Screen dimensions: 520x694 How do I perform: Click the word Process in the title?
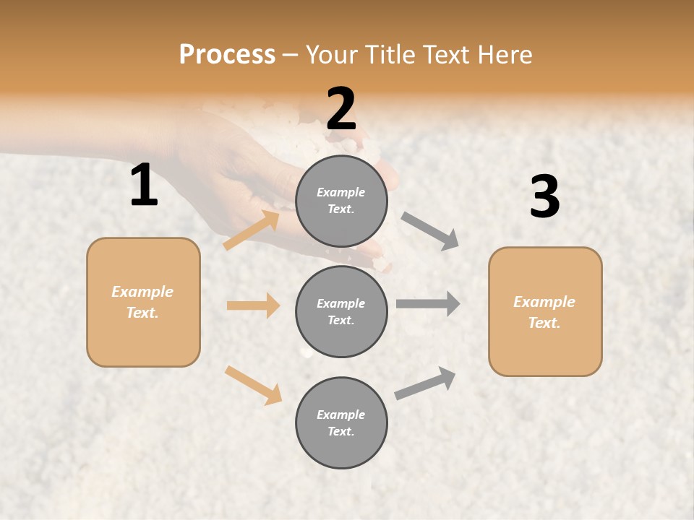[227, 55]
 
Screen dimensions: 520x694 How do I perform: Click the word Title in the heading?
[389, 55]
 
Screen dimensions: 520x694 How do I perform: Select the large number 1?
[144, 186]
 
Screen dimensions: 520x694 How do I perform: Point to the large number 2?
[341, 109]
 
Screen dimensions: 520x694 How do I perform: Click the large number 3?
[544, 197]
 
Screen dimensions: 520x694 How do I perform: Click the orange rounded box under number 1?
[143, 302]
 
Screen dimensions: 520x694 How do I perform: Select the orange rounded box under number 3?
[545, 312]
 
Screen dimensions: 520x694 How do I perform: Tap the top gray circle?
[341, 201]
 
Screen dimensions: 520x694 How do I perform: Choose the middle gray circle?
[341, 312]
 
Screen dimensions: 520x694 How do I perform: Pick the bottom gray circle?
[341, 423]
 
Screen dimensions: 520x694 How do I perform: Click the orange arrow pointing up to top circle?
[252, 230]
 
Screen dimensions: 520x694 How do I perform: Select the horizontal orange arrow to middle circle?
[253, 305]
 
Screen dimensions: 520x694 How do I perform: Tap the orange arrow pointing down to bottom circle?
[253, 385]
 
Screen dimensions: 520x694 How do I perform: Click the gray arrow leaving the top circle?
[429, 231]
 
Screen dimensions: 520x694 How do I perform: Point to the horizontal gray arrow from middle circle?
[428, 303]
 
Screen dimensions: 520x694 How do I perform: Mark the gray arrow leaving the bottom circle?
[425, 383]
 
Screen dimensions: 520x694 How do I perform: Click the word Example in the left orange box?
[142, 292]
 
